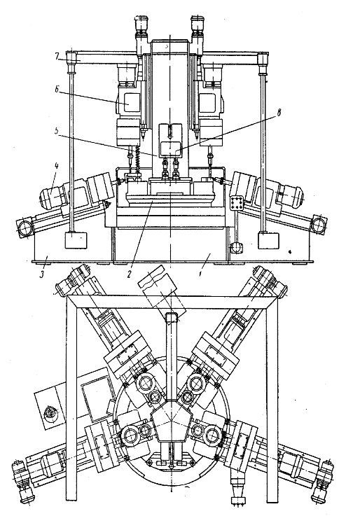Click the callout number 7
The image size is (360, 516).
point(57,56)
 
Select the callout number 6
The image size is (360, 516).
point(57,90)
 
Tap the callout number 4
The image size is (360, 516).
point(56,166)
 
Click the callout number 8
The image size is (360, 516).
point(278,113)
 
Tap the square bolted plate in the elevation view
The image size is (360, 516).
point(237,204)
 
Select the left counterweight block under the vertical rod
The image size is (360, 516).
point(76,240)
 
